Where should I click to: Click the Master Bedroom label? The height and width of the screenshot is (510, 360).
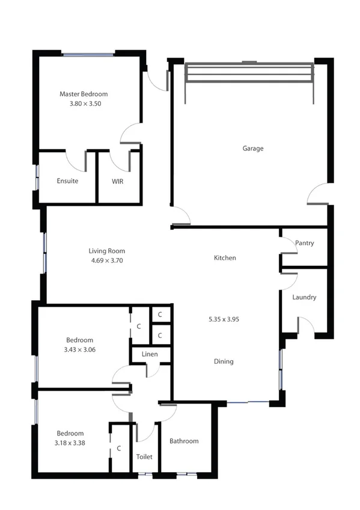click(x=84, y=94)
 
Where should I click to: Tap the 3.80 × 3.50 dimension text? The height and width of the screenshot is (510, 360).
click(x=84, y=103)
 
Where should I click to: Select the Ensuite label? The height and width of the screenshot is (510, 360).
click(x=67, y=181)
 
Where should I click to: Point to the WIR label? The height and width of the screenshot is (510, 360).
click(x=118, y=181)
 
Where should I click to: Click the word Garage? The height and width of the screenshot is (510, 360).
click(x=253, y=149)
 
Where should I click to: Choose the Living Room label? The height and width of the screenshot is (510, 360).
click(x=107, y=251)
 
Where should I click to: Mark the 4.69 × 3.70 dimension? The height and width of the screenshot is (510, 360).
click(x=107, y=261)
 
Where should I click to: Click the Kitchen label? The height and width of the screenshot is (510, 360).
click(x=225, y=258)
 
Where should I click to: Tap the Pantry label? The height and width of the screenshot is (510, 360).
click(x=305, y=243)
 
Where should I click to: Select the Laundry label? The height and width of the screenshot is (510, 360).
click(x=304, y=297)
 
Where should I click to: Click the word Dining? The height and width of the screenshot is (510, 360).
click(x=224, y=361)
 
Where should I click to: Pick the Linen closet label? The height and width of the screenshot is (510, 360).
click(x=150, y=354)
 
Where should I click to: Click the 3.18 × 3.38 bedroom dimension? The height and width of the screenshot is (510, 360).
click(x=70, y=443)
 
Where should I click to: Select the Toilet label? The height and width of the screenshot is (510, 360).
click(x=145, y=456)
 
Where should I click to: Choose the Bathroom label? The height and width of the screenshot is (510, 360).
click(x=184, y=441)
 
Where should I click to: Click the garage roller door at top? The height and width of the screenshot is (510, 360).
click(x=249, y=73)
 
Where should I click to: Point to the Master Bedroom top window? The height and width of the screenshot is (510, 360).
click(x=88, y=55)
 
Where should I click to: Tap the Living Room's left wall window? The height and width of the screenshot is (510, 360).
click(x=43, y=253)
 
